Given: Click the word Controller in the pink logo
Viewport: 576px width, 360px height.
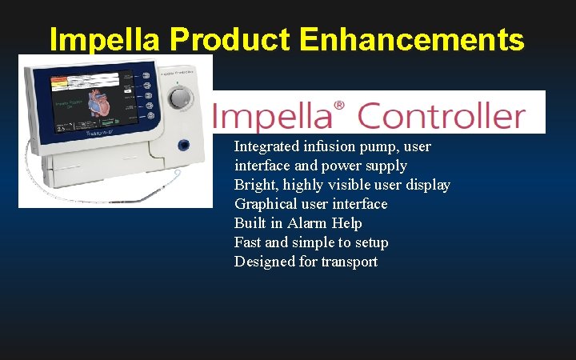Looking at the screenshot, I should coord(441,116).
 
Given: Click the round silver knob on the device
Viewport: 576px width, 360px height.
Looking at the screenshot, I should coord(182,98).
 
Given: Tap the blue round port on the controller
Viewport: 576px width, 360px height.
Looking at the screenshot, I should coord(184,145).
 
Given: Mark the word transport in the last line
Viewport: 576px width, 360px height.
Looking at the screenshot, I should coord(350,262).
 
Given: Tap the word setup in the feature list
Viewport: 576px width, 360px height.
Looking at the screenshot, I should coord(370,242).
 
